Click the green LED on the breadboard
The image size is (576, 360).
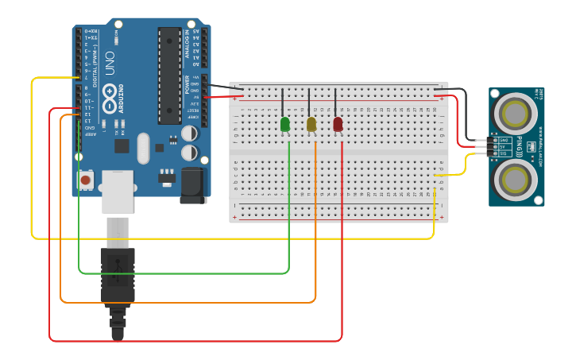[x=284, y=124]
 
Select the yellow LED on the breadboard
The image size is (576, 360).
[x=311, y=124]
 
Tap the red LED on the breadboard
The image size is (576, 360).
[x=338, y=124]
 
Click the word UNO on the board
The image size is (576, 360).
[x=110, y=63]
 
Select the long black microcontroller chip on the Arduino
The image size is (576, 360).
[x=169, y=75]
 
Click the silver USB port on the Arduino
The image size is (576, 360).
[x=118, y=191]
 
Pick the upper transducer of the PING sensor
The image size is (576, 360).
[x=515, y=113]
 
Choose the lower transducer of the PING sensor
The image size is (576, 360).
[x=515, y=180]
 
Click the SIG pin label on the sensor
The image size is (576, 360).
[x=504, y=153]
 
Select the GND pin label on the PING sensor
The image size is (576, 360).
[x=504, y=140]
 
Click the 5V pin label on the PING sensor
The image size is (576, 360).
[x=504, y=147]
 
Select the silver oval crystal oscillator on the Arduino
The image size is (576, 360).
[x=143, y=148]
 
